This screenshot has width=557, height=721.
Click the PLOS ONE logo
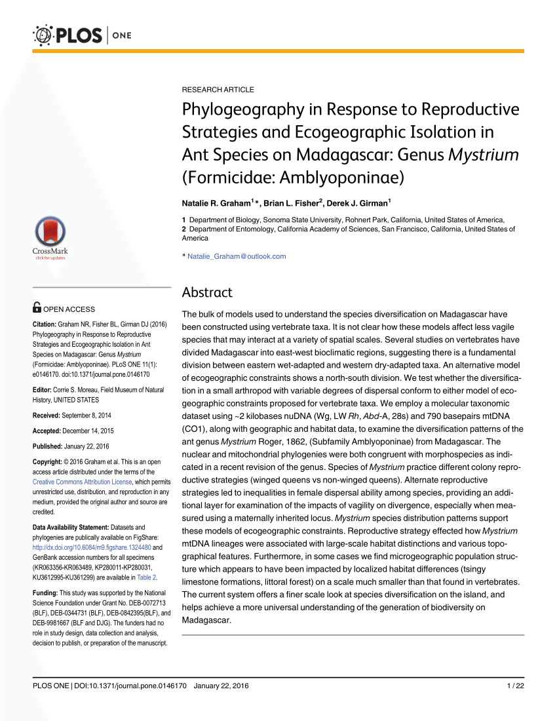tap(81, 34)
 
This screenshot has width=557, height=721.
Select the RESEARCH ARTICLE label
tap(218, 89)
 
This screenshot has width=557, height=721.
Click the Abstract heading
tap(206, 292)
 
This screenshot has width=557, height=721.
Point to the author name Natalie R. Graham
tap(216, 203)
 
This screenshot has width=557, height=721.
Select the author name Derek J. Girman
tap(357, 203)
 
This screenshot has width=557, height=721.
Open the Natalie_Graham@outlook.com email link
tap(237, 256)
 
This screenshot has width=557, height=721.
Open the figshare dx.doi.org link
tap(92, 547)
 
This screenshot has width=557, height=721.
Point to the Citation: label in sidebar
tap(45, 324)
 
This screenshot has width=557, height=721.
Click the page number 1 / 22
tap(516, 686)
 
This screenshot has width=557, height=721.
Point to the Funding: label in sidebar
tap(45, 593)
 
